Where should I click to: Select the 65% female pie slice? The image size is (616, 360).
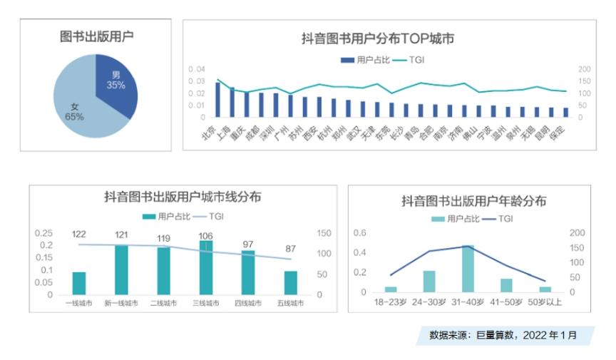coord(78,107)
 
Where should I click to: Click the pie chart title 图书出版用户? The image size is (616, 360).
coord(96,36)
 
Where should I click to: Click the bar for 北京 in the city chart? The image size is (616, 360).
coord(218,100)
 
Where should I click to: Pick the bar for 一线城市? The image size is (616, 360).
coord(78,283)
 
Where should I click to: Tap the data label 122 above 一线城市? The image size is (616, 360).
coord(79,235)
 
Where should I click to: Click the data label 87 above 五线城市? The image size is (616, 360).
coord(290,248)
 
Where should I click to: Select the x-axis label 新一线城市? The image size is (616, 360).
coord(121,303)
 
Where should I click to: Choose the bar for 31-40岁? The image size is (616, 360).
coord(467,269)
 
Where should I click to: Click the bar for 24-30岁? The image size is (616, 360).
coord(428,281)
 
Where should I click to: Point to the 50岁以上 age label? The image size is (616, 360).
coord(545,302)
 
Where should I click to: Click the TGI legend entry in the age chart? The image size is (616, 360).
coord(498,219)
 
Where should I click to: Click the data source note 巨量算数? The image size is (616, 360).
coord(503,334)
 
